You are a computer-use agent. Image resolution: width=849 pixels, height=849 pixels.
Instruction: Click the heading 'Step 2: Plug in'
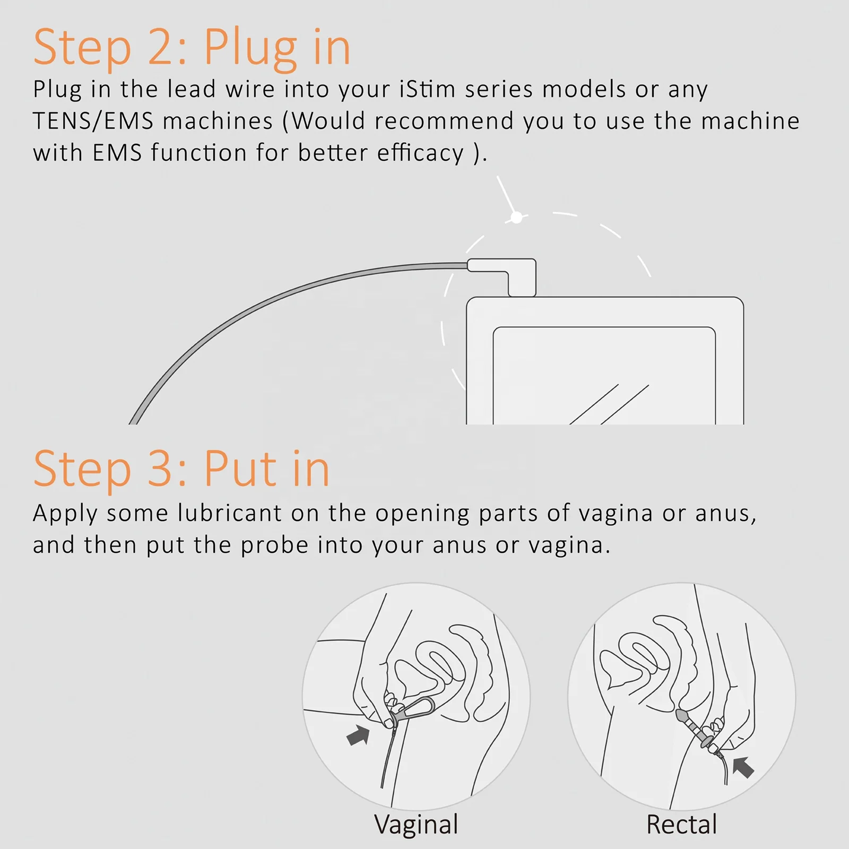(x=192, y=48)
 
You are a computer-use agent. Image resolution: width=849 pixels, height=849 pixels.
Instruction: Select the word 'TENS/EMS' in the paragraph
(x=93, y=122)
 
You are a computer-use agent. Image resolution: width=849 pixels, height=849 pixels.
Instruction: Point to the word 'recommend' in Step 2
(x=444, y=122)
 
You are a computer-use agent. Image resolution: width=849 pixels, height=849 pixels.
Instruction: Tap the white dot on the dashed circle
(x=516, y=217)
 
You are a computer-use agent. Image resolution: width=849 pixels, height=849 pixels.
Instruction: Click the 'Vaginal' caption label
(x=416, y=824)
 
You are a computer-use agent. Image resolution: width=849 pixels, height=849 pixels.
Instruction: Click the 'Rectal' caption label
(x=681, y=824)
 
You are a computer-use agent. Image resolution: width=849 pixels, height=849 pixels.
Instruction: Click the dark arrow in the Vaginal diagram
(x=358, y=735)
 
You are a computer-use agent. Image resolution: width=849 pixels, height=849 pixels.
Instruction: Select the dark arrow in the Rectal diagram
(x=743, y=767)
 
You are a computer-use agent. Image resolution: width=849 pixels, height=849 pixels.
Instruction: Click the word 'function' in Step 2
(x=199, y=153)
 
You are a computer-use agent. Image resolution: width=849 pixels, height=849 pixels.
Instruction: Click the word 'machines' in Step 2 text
(x=218, y=122)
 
